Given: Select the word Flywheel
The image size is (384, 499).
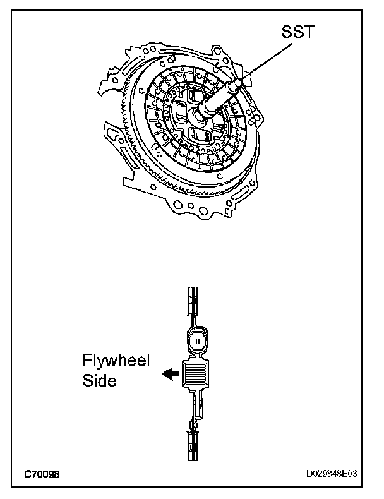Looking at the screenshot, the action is point(116,361).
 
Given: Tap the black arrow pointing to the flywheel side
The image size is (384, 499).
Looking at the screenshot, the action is point(169,374).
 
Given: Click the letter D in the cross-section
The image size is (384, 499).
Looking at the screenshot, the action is point(197,342).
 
